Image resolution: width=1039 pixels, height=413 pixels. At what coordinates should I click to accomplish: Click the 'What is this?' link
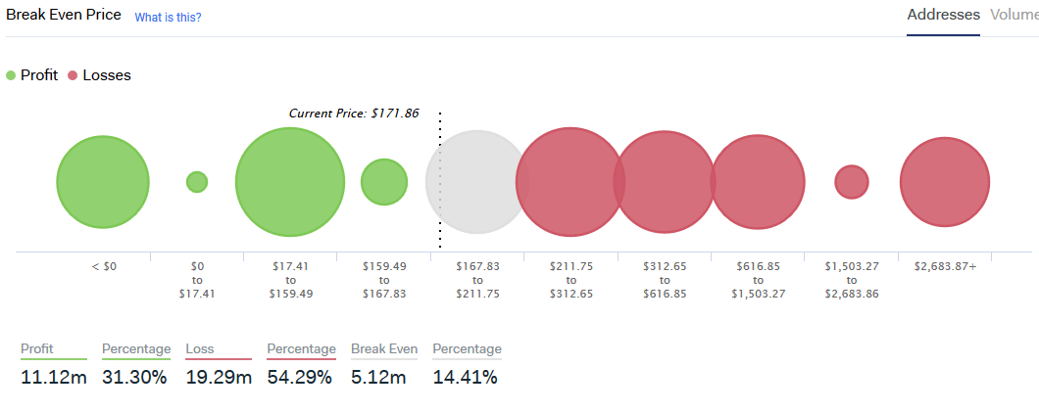click(169, 18)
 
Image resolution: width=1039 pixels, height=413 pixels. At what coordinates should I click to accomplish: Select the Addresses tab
click(943, 15)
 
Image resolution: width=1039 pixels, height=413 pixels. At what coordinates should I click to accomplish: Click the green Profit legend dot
click(11, 75)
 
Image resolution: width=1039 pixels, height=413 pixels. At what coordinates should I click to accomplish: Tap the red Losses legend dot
click(73, 75)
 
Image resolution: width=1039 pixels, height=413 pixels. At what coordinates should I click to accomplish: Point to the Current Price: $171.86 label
click(354, 114)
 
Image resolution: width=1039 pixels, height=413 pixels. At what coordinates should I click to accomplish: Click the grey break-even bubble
click(476, 182)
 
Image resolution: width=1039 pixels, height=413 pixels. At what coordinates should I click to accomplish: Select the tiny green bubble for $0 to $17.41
click(197, 182)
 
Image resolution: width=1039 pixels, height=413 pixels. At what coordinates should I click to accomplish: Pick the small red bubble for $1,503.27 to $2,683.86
click(852, 182)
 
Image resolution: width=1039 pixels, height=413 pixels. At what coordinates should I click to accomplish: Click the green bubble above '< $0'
click(103, 182)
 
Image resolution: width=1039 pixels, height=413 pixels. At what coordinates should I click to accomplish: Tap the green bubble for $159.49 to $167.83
click(384, 182)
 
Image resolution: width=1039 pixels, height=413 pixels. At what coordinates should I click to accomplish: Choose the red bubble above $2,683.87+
click(945, 182)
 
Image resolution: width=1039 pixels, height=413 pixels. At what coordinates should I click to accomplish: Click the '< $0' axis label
click(104, 267)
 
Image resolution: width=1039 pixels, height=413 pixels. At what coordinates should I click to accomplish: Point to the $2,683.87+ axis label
click(945, 267)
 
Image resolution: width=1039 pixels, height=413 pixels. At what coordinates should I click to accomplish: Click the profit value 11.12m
click(54, 378)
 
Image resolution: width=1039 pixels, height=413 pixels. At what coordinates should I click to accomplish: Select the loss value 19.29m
click(219, 378)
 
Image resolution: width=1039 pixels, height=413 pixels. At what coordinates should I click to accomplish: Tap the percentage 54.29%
click(300, 378)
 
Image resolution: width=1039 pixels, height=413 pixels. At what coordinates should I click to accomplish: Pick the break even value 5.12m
click(378, 378)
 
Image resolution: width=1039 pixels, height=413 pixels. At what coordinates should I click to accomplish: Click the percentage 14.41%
click(466, 378)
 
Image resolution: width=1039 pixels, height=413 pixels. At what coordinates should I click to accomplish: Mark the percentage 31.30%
click(134, 378)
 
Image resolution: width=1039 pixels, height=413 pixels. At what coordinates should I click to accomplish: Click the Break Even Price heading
click(64, 15)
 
